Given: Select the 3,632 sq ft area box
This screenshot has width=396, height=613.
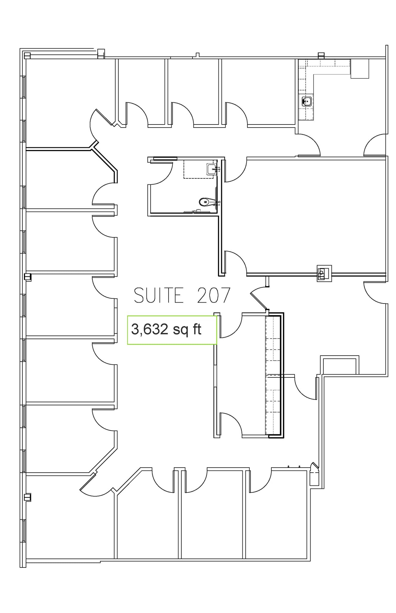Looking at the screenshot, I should [172, 330].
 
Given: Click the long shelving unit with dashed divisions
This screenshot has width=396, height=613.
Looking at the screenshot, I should [273, 375].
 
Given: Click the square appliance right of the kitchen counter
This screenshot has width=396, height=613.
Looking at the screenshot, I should [360, 69].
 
